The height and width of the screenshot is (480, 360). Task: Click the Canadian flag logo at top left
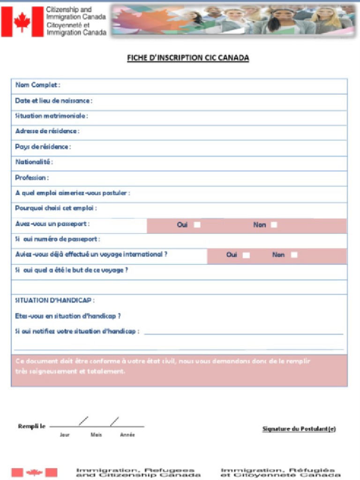pos(22,22)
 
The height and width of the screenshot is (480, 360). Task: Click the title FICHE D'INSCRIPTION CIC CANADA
pos(188,58)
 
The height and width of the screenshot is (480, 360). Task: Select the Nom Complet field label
pos(37,85)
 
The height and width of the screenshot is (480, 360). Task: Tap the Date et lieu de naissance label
pos(53,101)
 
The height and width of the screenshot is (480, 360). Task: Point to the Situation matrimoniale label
pos(51,116)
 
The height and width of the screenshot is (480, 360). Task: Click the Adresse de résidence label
pos(47,131)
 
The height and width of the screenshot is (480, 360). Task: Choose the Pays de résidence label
pos(43,147)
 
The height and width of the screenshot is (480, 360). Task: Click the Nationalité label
pos(34,162)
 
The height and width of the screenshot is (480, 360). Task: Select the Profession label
pos(31,178)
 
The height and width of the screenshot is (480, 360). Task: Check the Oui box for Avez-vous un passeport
pos(197,225)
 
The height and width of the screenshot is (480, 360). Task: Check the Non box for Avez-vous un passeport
pos(274,225)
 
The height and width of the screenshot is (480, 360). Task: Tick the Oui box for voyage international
pos(246,255)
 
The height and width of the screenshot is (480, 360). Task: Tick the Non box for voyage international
pos(294,255)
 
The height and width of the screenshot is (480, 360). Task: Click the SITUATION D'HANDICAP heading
pos(55,300)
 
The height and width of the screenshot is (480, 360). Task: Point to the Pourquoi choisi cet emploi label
pos(56,208)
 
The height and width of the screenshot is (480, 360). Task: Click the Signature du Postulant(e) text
pos(299,429)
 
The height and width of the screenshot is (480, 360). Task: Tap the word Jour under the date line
pos(65,435)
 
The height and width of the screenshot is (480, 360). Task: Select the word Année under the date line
pos(127,435)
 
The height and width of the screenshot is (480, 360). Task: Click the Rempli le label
pos(31,426)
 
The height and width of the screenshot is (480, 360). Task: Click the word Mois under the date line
pos(96,435)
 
